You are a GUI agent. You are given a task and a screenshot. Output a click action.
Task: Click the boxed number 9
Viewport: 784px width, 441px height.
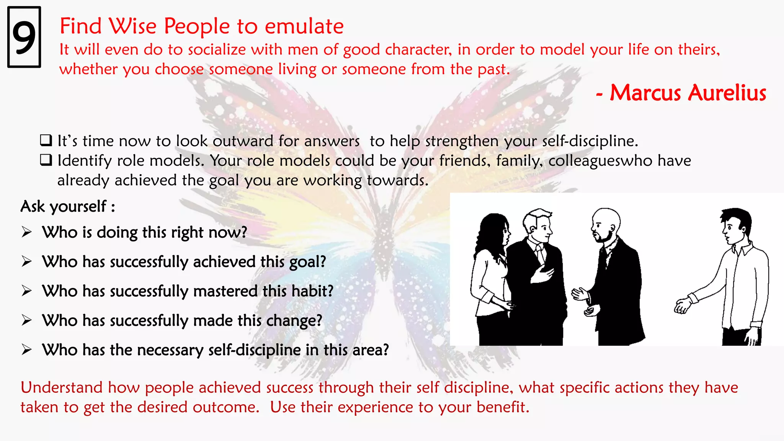24,37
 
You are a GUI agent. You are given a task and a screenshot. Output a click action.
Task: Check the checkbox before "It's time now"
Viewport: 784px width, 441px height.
46,140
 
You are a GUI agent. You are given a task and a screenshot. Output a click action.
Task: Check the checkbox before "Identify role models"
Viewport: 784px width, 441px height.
46,160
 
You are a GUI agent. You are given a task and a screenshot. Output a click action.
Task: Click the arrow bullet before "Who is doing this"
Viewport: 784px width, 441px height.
26,232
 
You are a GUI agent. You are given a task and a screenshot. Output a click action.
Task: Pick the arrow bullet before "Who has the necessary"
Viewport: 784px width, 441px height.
26,350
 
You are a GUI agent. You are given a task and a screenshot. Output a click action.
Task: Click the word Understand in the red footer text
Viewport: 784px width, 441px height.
61,387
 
